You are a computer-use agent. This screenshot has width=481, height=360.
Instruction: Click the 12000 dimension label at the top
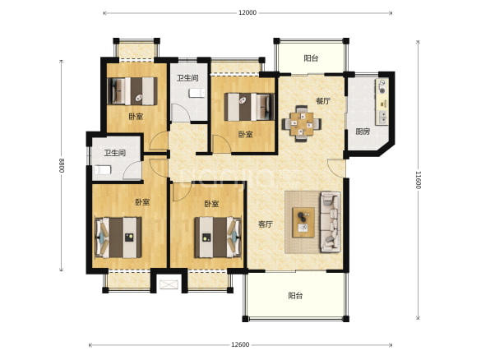pyautogui.click(x=247, y=13)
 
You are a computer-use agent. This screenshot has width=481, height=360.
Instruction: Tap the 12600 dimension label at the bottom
pyautogui.click(x=240, y=344)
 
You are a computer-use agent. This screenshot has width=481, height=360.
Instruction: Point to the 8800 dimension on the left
pyautogui.click(x=62, y=165)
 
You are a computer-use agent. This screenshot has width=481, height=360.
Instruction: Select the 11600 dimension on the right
pyautogui.click(x=419, y=180)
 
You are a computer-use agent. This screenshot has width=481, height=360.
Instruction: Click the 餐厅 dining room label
pyautogui.click(x=323, y=101)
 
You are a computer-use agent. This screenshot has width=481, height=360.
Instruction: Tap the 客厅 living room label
pyautogui.click(x=266, y=224)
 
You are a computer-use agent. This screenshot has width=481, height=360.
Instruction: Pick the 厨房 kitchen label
pyautogui.click(x=363, y=132)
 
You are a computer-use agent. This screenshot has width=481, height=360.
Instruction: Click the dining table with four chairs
pyautogui.click(x=302, y=123)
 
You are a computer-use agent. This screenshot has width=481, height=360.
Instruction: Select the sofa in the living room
pyautogui.click(x=331, y=222)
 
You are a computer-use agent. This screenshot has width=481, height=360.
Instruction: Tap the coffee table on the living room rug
pyautogui.click(x=303, y=222)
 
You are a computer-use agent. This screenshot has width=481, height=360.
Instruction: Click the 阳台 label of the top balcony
pyautogui.click(x=311, y=58)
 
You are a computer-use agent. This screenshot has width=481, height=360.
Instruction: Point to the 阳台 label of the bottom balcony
pyautogui.click(x=295, y=296)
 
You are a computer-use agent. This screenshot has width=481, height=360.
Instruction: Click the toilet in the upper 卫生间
pyautogui.click(x=197, y=93)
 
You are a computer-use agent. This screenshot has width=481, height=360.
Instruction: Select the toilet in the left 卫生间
pyautogui.click(x=103, y=170)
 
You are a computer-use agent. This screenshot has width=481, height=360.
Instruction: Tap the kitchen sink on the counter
pyautogui.click(x=382, y=118)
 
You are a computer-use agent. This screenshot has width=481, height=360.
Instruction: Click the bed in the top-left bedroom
pyautogui.click(x=132, y=91)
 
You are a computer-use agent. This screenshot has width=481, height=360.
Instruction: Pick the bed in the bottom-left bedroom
pyautogui.click(x=118, y=238)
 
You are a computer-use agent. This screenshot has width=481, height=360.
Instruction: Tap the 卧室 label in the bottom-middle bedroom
pyautogui.click(x=211, y=204)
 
